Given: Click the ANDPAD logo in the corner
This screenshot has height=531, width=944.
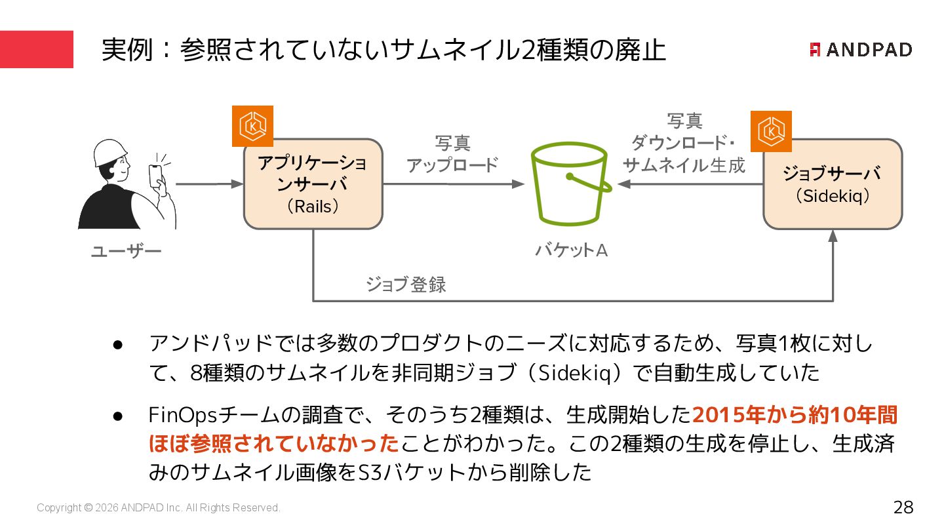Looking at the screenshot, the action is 861,50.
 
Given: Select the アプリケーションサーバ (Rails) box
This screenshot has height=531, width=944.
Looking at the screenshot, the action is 313,184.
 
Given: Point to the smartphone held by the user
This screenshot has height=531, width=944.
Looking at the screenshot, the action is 155,175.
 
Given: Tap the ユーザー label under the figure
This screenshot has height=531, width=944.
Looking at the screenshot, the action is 126,252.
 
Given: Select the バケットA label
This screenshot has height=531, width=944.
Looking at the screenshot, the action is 571,250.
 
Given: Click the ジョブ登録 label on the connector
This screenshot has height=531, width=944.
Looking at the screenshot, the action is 406,285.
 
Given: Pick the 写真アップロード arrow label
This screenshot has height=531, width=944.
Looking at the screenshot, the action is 452,154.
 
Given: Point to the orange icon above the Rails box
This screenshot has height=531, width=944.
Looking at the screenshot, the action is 252,126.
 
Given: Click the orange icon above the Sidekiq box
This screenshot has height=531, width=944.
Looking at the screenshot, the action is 771,131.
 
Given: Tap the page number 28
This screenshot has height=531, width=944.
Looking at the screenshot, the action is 903,507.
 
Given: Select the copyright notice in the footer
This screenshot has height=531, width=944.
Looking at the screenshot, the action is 159,508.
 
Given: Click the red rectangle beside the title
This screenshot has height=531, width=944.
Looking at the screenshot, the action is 37,49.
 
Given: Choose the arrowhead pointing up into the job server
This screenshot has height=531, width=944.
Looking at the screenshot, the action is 833,236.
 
